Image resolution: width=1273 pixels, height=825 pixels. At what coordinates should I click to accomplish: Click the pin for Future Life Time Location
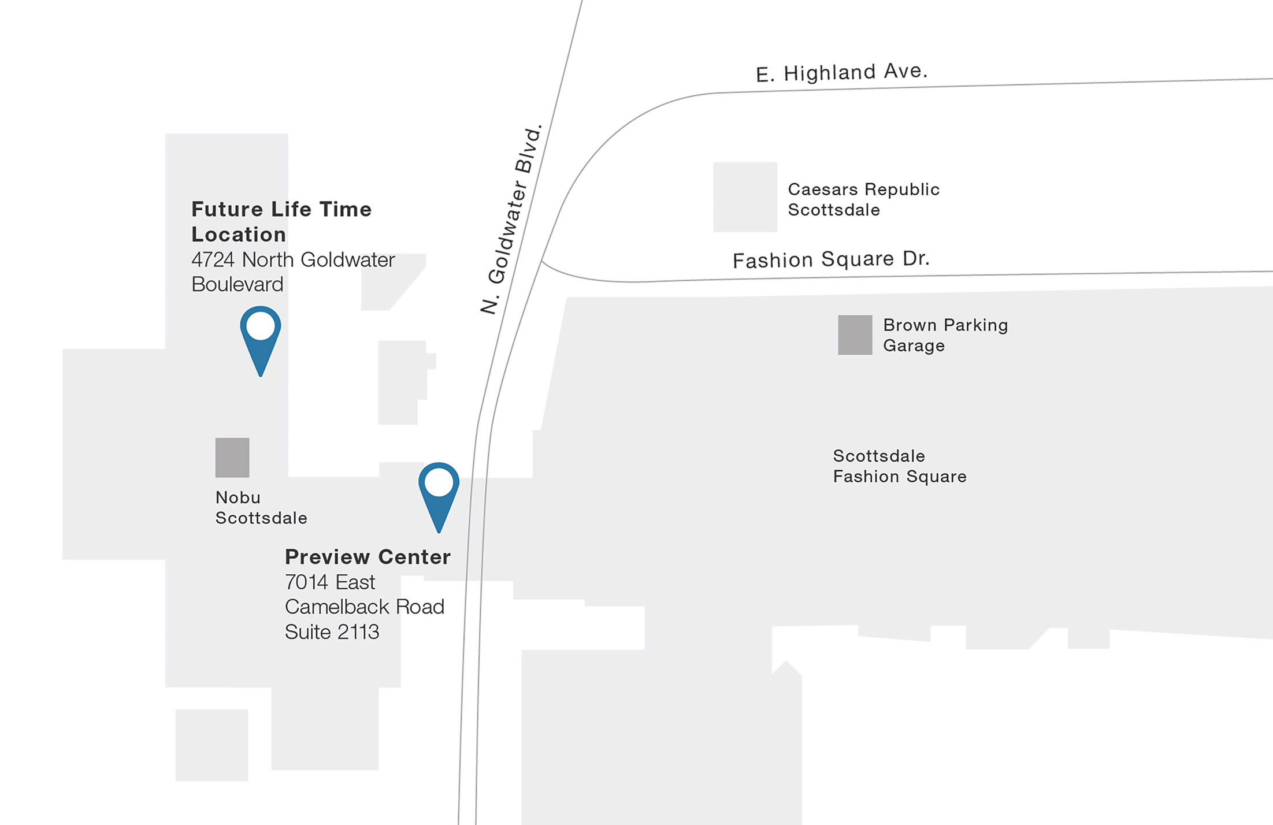[261, 335]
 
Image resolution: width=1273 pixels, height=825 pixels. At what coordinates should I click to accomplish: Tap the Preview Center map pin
[439, 491]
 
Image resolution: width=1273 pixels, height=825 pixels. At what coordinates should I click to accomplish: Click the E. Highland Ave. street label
[841, 73]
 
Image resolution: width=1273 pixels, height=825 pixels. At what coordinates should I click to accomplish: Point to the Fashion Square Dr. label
[831, 259]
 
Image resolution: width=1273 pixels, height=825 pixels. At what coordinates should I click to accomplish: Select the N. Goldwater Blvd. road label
[512, 220]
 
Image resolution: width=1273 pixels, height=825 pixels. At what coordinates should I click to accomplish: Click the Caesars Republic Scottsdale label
[863, 199]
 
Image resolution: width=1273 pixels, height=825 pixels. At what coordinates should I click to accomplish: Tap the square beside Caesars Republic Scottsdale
[745, 197]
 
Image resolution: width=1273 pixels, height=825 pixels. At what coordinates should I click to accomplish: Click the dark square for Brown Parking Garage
[855, 335]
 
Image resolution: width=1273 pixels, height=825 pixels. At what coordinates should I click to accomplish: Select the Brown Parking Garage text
[945, 335]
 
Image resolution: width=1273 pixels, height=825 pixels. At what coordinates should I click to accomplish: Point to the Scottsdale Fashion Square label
[899, 466]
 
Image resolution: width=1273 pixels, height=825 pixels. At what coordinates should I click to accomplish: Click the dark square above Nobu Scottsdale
[232, 458]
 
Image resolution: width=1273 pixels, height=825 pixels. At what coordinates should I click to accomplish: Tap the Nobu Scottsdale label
[261, 508]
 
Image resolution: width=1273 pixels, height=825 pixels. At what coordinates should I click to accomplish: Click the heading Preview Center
[368, 557]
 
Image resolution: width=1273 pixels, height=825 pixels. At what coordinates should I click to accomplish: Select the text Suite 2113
[332, 632]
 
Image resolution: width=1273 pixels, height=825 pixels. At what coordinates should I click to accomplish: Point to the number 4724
[213, 260]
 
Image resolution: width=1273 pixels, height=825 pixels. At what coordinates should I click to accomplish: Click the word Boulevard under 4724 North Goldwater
[237, 284]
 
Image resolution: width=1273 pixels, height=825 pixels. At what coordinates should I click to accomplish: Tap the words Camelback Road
[365, 607]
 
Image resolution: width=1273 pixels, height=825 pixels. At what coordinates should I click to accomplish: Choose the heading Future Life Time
[281, 209]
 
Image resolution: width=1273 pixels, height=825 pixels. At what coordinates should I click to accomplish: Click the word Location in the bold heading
[239, 235]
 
